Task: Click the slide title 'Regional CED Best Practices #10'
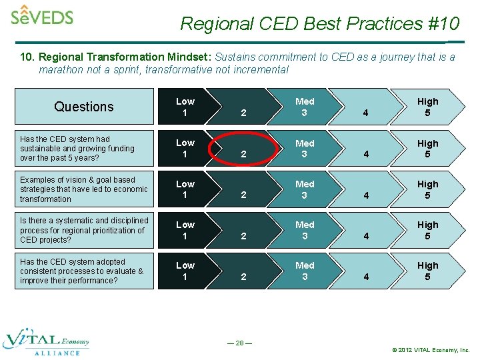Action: [320, 24]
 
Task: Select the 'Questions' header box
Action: [84, 107]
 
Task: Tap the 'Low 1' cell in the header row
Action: [185, 107]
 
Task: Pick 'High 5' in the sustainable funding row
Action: [427, 148]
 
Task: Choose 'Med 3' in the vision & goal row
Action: [305, 189]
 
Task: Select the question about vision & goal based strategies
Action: [83, 189]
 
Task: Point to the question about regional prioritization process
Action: [84, 230]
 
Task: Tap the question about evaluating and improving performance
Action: [81, 271]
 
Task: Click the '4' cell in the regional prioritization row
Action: [365, 235]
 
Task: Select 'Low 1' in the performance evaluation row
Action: [185, 271]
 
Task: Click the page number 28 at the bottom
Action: [239, 343]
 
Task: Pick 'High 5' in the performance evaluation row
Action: [427, 271]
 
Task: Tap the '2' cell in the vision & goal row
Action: [243, 195]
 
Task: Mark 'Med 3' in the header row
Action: [305, 107]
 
